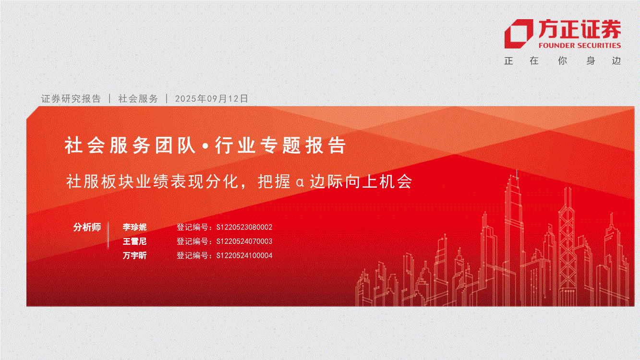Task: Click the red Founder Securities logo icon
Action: click(518, 34)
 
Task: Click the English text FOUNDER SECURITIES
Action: click(580, 46)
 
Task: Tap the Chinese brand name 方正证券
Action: click(580, 29)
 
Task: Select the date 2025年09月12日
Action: click(211, 98)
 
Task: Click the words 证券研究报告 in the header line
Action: click(71, 98)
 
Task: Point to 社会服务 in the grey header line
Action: click(138, 98)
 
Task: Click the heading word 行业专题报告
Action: click(280, 145)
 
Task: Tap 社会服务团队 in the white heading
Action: click(130, 145)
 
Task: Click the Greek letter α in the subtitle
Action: click(300, 182)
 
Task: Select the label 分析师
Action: click(87, 227)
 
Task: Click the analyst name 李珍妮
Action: click(134, 227)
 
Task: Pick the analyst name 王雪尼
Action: click(134, 241)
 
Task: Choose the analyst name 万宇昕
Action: click(134, 255)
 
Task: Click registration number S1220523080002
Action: click(244, 227)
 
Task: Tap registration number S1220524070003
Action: click(244, 241)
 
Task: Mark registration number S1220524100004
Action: click(244, 255)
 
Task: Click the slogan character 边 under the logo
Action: click(616, 60)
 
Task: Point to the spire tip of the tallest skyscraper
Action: click(517, 170)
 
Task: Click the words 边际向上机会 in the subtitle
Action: click(361, 181)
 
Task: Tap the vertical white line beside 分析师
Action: click(109, 234)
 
